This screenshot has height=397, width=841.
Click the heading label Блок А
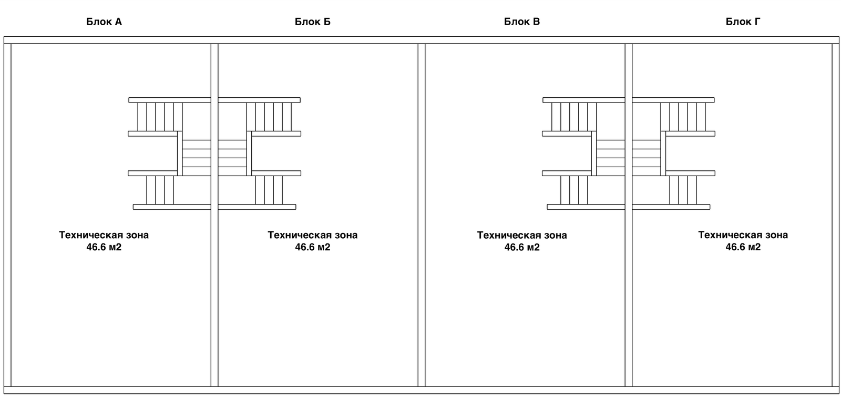click(x=104, y=22)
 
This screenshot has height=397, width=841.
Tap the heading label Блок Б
click(x=313, y=22)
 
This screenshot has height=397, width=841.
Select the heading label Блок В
click(x=522, y=22)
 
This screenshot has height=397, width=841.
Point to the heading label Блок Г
click(x=743, y=22)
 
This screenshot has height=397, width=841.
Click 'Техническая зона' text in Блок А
click(x=104, y=235)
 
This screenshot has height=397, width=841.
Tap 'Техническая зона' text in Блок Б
click(x=313, y=235)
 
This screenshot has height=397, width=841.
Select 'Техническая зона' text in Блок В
click(x=522, y=235)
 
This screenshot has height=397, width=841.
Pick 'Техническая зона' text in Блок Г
click(x=743, y=235)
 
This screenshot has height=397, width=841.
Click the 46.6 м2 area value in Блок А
click(x=104, y=247)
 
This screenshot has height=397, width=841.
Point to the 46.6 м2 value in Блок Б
click(x=313, y=247)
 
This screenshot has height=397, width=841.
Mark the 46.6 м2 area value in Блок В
click(x=522, y=247)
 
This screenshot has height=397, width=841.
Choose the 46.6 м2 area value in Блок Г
click(x=743, y=247)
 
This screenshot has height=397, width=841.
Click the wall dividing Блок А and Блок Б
click(x=214, y=294)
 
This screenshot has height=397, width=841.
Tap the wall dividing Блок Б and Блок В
click(x=422, y=294)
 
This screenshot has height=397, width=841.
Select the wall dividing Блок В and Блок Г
click(x=629, y=294)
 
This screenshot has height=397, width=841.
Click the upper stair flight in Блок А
click(x=160, y=117)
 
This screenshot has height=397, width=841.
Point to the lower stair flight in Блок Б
click(x=269, y=190)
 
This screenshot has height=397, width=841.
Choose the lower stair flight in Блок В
click(x=574, y=190)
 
